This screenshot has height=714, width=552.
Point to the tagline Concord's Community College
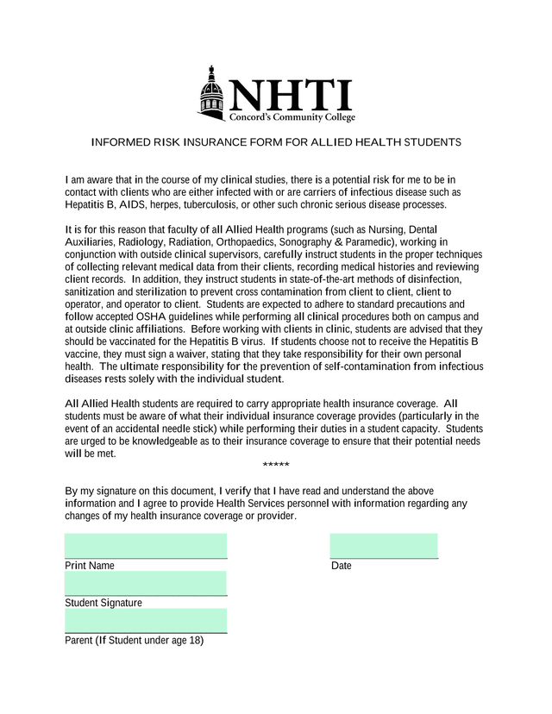[x=292, y=117]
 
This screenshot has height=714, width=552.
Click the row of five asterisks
[x=275, y=467]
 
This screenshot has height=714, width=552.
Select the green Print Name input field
[x=146, y=546]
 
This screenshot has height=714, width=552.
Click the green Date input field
[x=384, y=546]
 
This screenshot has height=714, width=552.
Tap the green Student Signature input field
[x=146, y=583]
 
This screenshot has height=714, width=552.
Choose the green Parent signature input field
[x=146, y=621]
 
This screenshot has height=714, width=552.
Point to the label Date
[x=342, y=567]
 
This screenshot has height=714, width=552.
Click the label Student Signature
[x=103, y=604]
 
